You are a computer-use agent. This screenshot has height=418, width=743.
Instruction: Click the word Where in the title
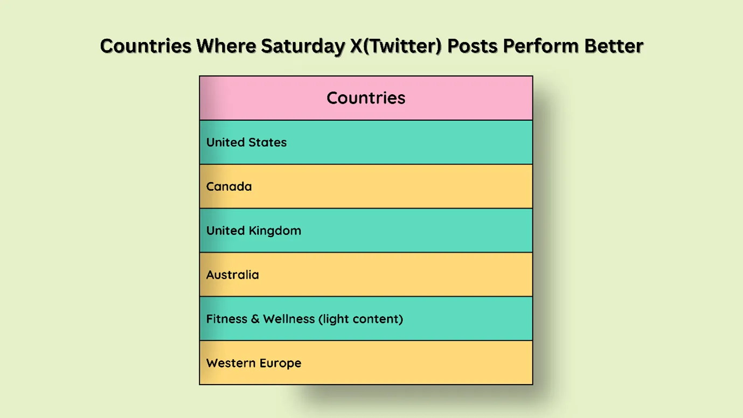click(226, 46)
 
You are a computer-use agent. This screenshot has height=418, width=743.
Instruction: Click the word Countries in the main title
click(145, 46)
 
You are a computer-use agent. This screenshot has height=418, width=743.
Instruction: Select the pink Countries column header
click(366, 98)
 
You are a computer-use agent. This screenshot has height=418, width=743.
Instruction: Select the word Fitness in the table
click(226, 319)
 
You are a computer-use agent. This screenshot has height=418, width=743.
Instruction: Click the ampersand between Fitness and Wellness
click(255, 319)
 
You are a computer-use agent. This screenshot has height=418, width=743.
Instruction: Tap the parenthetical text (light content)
click(360, 319)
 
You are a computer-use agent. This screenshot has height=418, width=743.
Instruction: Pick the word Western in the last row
click(230, 363)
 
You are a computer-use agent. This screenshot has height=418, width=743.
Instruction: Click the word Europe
click(279, 363)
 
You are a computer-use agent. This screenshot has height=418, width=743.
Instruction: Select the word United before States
click(225, 142)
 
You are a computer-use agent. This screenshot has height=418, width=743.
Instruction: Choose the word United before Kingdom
click(225, 231)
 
